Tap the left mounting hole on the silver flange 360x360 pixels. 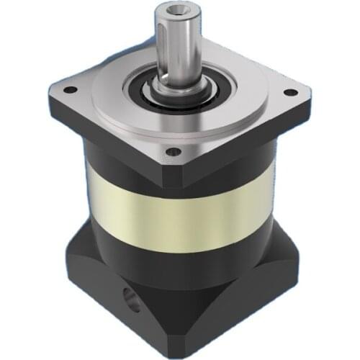71,90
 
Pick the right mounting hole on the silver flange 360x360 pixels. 290,93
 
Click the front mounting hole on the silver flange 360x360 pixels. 173,152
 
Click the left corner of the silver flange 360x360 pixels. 50,94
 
